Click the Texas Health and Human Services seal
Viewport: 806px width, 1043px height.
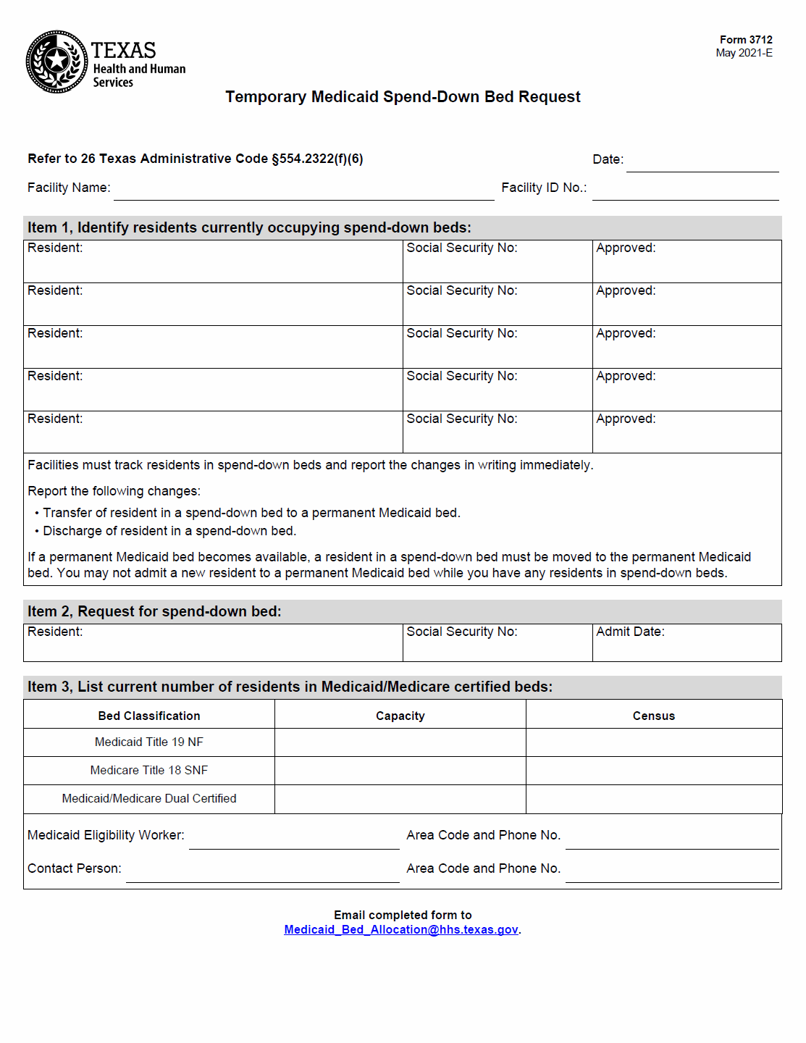pos(56,62)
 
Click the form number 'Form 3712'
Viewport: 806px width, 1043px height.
pos(745,40)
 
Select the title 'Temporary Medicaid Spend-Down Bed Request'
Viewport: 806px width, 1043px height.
pos(403,97)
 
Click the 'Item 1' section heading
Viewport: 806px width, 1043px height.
pos(249,228)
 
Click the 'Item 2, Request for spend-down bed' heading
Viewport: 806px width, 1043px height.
pos(154,612)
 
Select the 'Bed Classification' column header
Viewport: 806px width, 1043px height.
pos(149,716)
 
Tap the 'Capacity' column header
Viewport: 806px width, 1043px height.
pos(400,716)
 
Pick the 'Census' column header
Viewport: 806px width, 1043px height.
pos(653,716)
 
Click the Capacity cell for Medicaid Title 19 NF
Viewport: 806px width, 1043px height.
pos(400,742)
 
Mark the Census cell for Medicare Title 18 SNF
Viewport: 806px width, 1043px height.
pos(653,771)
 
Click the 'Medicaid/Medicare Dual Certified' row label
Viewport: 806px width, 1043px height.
pos(149,799)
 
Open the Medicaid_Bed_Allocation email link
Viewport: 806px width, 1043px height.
pos(401,930)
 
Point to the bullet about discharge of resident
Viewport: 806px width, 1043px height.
pos(169,531)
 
